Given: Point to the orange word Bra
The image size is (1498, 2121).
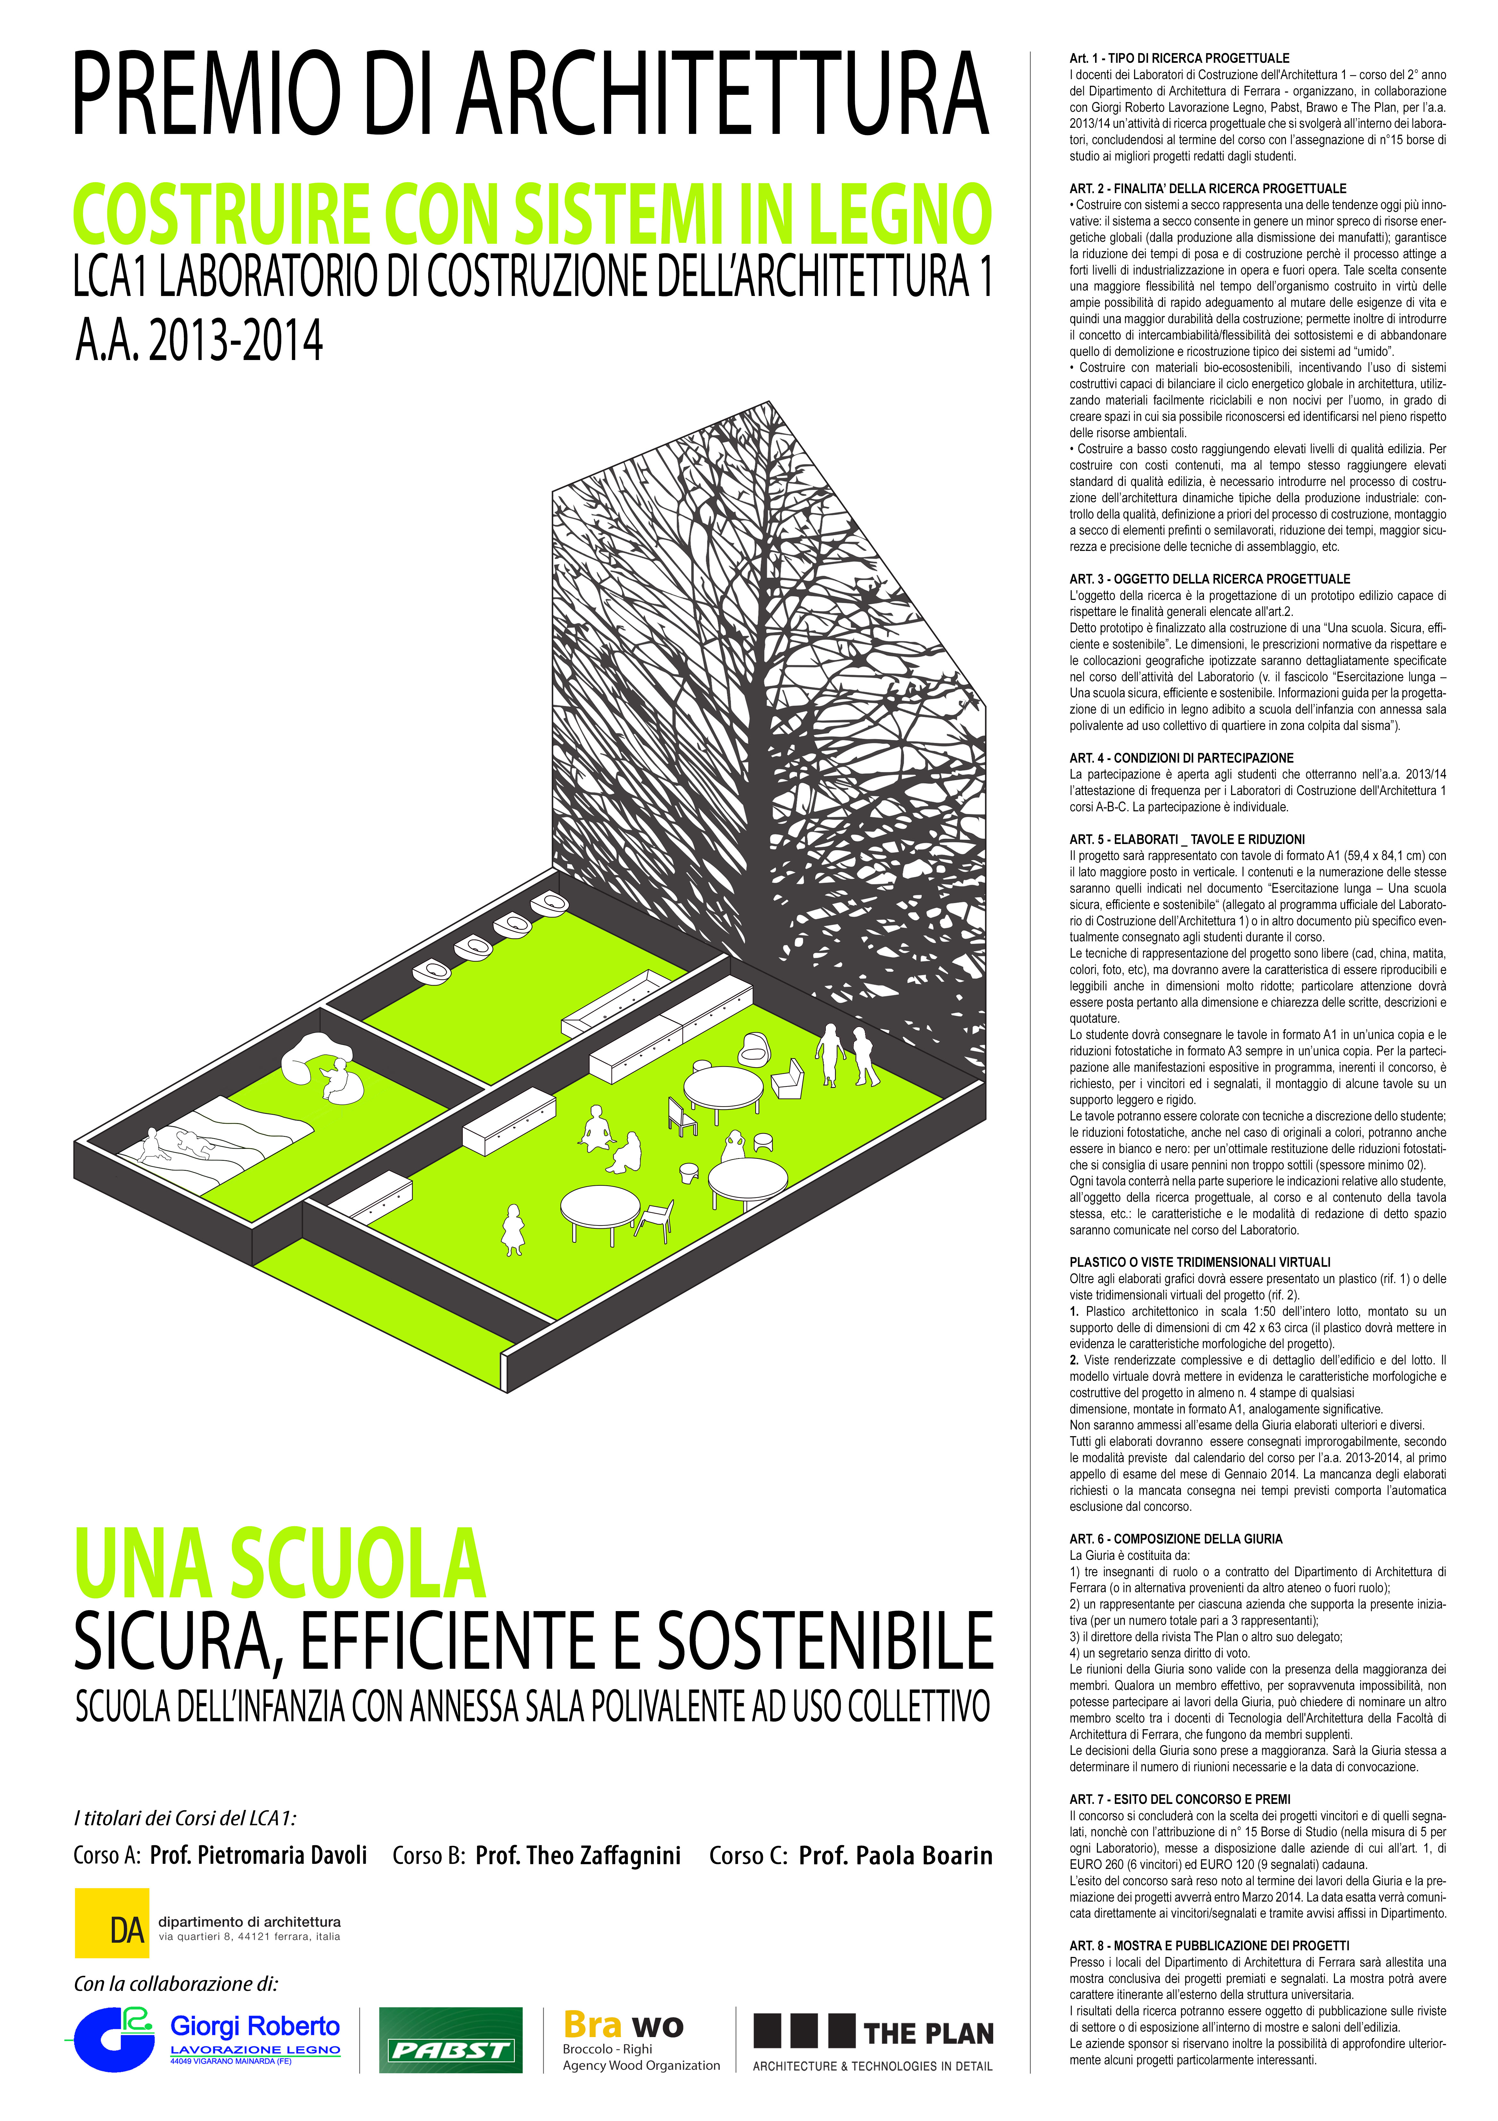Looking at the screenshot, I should (x=592, y=2025).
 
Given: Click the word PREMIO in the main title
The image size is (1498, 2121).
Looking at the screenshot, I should (x=208, y=94).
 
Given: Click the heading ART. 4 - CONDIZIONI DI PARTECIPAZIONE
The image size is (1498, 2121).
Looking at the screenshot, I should (x=1181, y=757).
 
